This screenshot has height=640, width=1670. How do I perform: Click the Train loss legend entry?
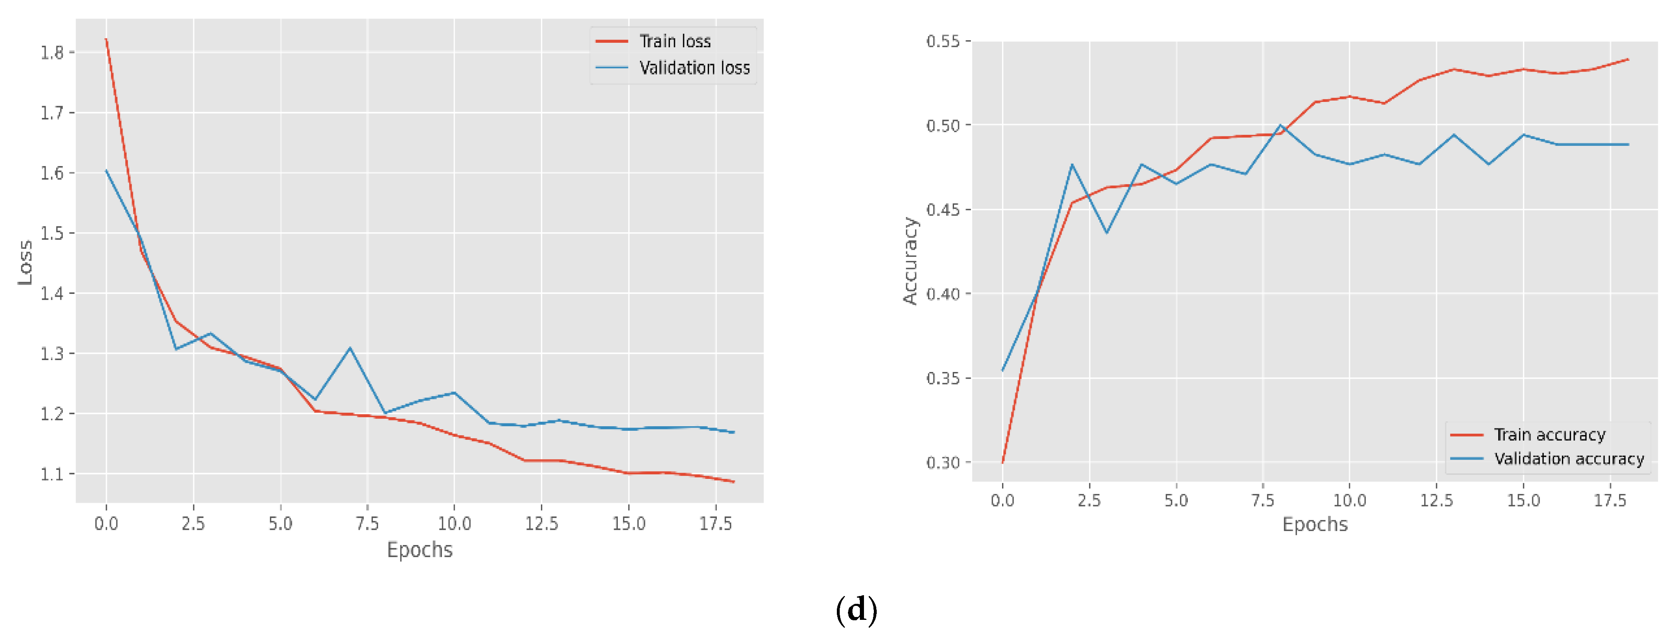[674, 42]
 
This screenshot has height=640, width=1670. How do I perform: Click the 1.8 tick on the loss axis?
[52, 53]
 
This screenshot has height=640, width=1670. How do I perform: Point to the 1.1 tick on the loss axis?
[52, 474]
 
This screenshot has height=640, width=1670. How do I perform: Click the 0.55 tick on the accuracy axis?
[943, 42]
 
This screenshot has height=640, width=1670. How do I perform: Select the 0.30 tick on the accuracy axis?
[943, 462]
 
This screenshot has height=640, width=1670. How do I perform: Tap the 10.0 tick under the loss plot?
[454, 523]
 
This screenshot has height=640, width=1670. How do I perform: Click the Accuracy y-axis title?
[910, 261]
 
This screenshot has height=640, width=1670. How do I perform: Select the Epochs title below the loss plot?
[419, 550]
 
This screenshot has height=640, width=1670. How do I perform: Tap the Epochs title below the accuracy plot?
[1315, 524]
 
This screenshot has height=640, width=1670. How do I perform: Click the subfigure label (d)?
[857, 610]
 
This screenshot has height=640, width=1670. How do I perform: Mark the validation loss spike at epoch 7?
[350, 348]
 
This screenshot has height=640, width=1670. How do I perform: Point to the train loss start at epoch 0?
[106, 39]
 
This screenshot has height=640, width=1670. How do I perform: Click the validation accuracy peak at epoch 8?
[1280, 125]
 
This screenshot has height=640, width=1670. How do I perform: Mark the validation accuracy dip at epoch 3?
[1106, 233]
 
